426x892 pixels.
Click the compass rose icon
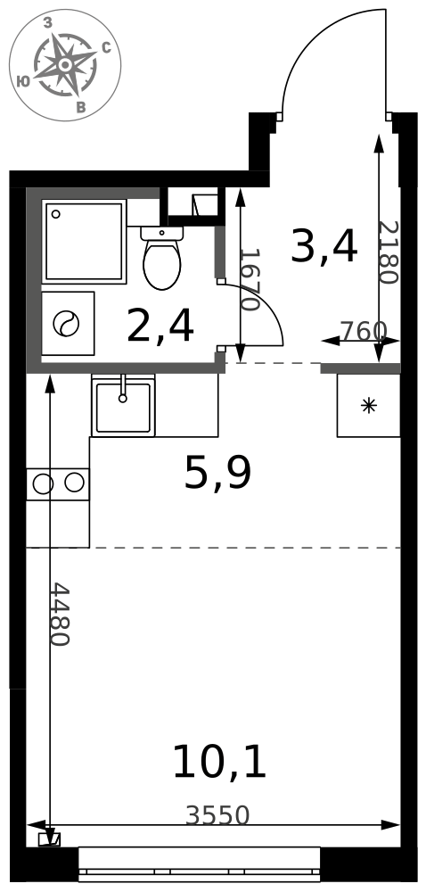(65, 65)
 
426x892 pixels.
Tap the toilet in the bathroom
(161, 264)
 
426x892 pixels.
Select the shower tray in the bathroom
(84, 241)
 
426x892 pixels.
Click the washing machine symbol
(68, 323)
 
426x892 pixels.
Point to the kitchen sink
(123, 408)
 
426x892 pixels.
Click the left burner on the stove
(43, 483)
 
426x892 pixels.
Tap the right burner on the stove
(74, 483)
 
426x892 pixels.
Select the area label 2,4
(160, 326)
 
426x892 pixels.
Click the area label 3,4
(324, 247)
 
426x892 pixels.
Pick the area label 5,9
(217, 474)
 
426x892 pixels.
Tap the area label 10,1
(218, 763)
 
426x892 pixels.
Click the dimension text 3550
(217, 815)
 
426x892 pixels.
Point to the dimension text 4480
(59, 614)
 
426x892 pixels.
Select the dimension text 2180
(387, 252)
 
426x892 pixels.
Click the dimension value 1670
(250, 279)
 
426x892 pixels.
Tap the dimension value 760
(363, 331)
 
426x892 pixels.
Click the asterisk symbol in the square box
(368, 405)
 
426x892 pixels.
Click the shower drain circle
(56, 214)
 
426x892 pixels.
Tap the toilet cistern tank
(161, 233)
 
